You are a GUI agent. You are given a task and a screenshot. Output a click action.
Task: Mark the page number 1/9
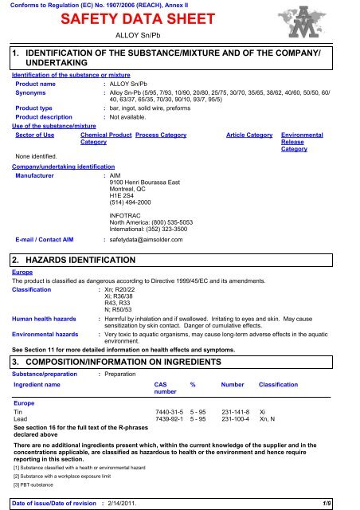click(x=347, y=500)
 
